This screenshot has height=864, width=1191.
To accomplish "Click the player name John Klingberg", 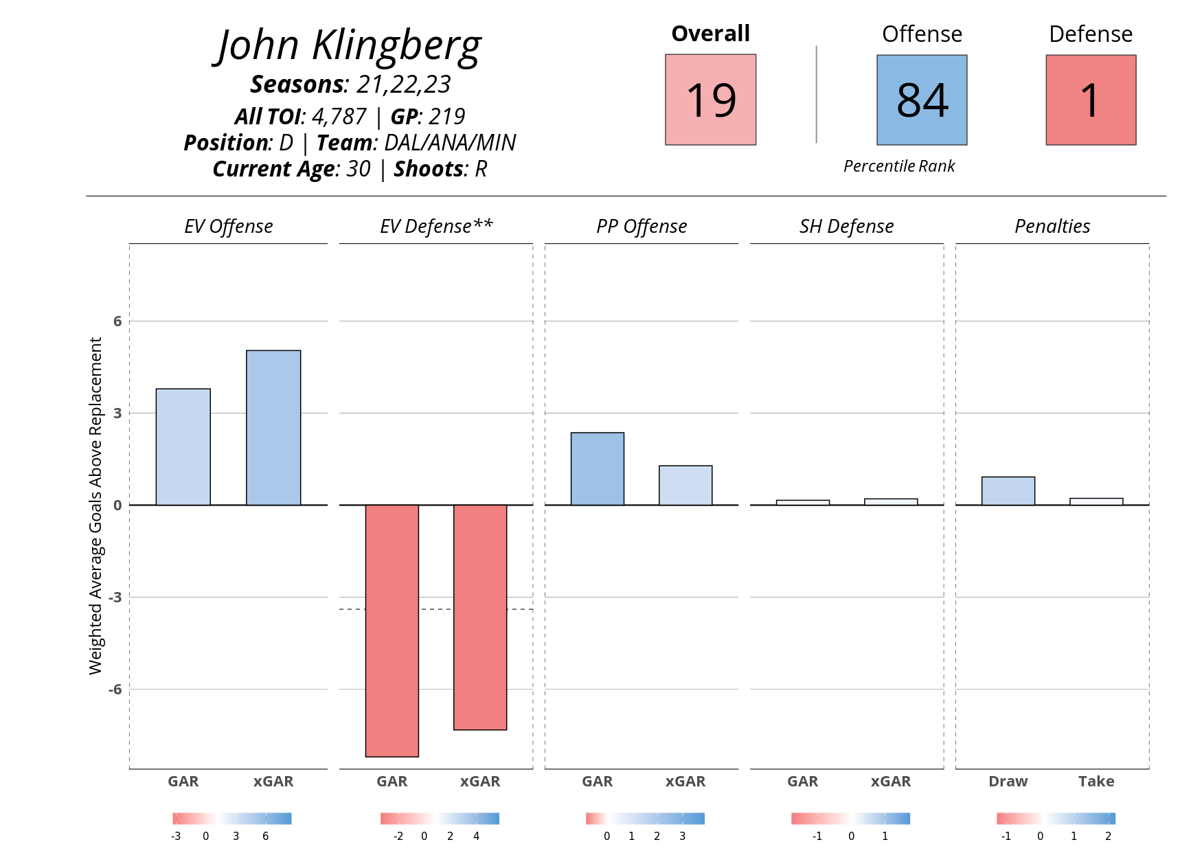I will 349,47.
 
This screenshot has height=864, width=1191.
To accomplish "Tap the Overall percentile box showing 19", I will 710,100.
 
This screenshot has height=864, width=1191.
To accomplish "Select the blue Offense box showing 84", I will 922,100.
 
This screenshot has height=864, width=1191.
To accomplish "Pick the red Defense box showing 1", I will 1091,100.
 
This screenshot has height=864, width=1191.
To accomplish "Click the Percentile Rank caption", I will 899,166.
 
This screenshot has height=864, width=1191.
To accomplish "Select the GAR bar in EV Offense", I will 183,447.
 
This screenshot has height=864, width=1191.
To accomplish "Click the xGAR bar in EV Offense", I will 273,428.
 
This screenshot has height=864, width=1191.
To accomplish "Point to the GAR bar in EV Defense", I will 392,630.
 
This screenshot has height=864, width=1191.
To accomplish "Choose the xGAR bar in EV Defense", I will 480,617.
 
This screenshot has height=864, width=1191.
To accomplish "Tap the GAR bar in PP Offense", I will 598,469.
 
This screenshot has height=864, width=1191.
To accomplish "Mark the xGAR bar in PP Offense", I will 685,486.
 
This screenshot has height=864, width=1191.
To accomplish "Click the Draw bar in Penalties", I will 1008,491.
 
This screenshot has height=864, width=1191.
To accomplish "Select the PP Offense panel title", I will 642,227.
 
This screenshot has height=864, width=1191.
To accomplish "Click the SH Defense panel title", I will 846,227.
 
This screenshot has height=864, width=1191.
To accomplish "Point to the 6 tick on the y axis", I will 117,321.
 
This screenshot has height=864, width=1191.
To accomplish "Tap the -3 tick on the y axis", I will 115,598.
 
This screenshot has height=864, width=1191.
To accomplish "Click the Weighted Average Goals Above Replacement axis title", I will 95,505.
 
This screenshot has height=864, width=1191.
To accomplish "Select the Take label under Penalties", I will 1096,782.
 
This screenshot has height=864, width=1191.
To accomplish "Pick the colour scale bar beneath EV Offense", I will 232,819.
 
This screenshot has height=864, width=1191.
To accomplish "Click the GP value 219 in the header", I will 446,117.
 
